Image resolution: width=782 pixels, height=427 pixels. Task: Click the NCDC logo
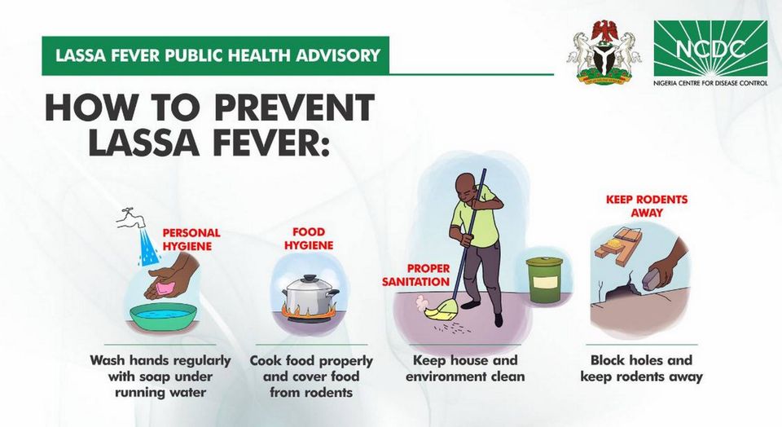710,53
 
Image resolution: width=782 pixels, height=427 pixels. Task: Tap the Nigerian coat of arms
604,52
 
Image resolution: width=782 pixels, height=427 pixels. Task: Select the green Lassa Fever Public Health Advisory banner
215,55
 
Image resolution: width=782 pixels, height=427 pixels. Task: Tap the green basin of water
163,315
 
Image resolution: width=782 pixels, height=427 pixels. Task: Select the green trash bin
544,280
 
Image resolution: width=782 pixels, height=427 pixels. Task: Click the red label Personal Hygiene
191,240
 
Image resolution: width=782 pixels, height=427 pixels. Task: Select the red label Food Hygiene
309,239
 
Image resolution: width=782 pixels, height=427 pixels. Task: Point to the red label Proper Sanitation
416,275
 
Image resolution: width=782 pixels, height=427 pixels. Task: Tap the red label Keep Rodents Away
646,206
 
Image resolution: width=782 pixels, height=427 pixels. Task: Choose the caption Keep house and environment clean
465,368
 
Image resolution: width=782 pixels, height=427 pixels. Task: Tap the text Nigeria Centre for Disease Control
710,83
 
